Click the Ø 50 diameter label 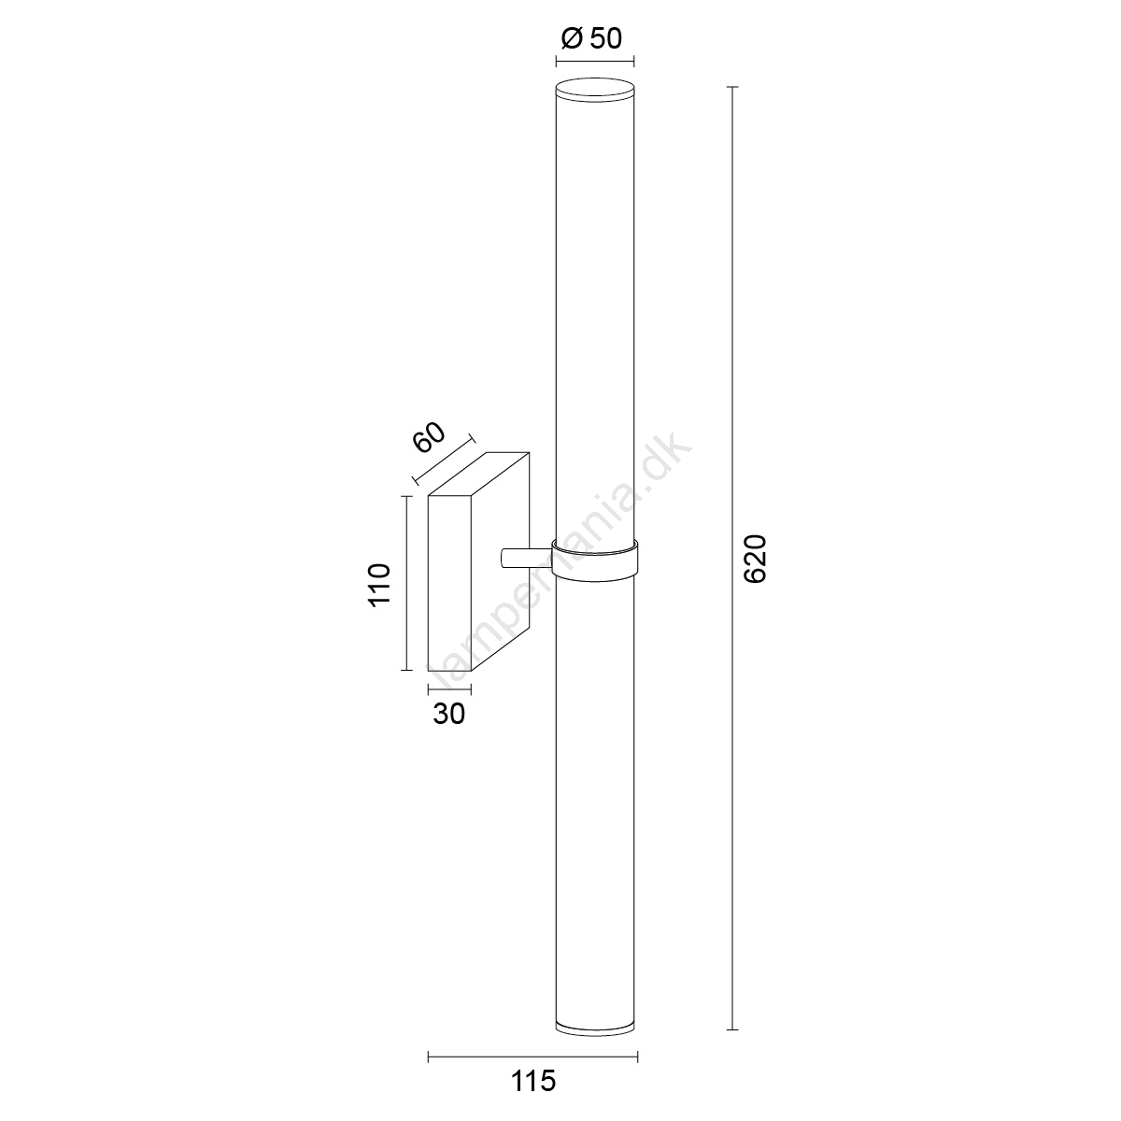[592, 38]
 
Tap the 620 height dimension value [756, 559]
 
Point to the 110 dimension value [378, 585]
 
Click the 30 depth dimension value [449, 714]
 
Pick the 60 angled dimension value [429, 437]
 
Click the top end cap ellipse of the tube [594, 91]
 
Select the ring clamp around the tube [594, 560]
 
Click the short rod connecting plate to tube [526, 558]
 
